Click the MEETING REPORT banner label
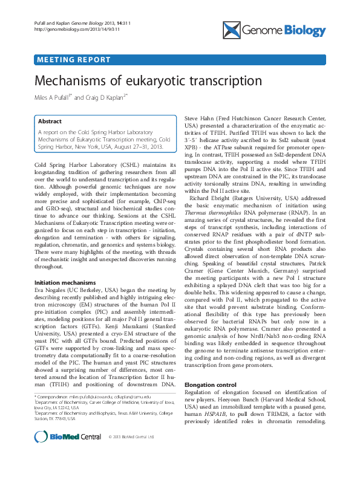coord(74,60)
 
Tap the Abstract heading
coord(51,120)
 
